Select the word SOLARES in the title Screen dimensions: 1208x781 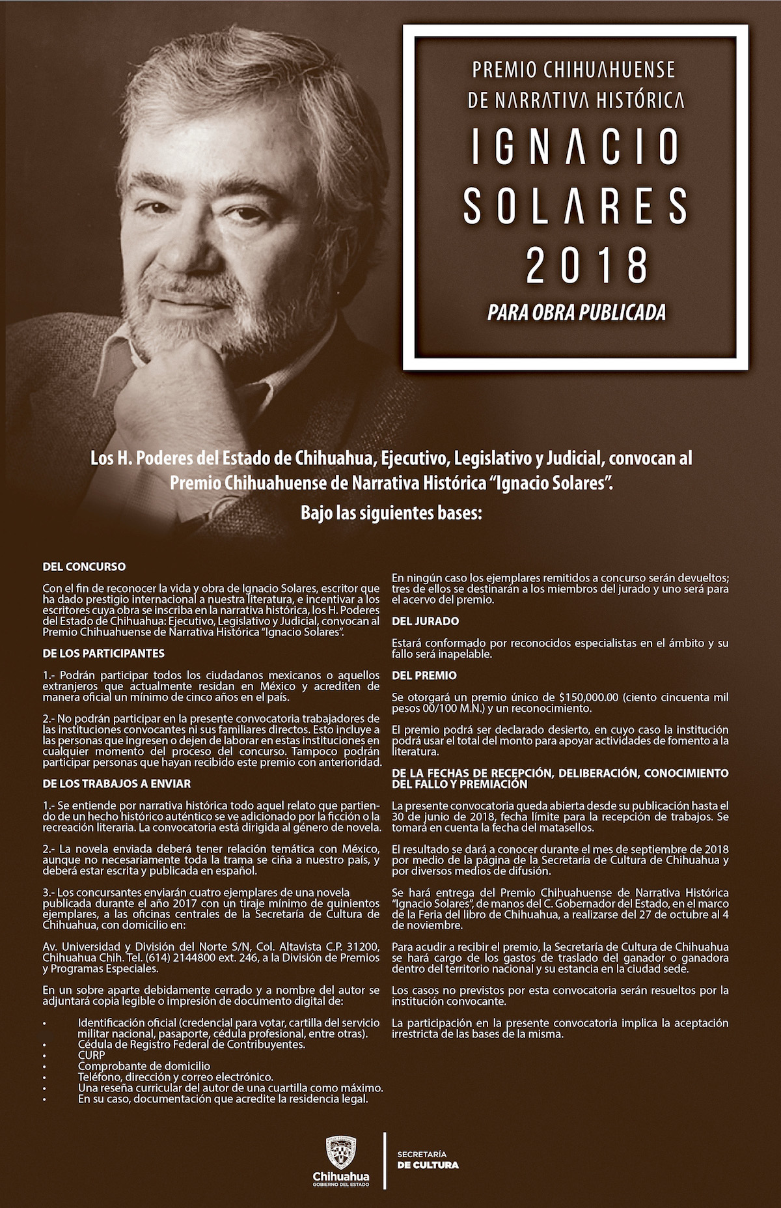575,205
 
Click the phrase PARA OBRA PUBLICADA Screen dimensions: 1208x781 577,313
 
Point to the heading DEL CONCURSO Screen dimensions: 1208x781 84,567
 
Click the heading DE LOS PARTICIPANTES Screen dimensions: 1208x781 103,653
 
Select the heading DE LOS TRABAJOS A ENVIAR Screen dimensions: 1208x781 116,783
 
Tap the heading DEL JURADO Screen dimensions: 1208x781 425,621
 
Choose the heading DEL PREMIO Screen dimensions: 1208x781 424,675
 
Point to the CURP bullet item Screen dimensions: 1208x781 91,1055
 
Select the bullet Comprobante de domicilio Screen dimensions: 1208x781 144,1066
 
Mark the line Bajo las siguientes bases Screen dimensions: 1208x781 390,513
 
